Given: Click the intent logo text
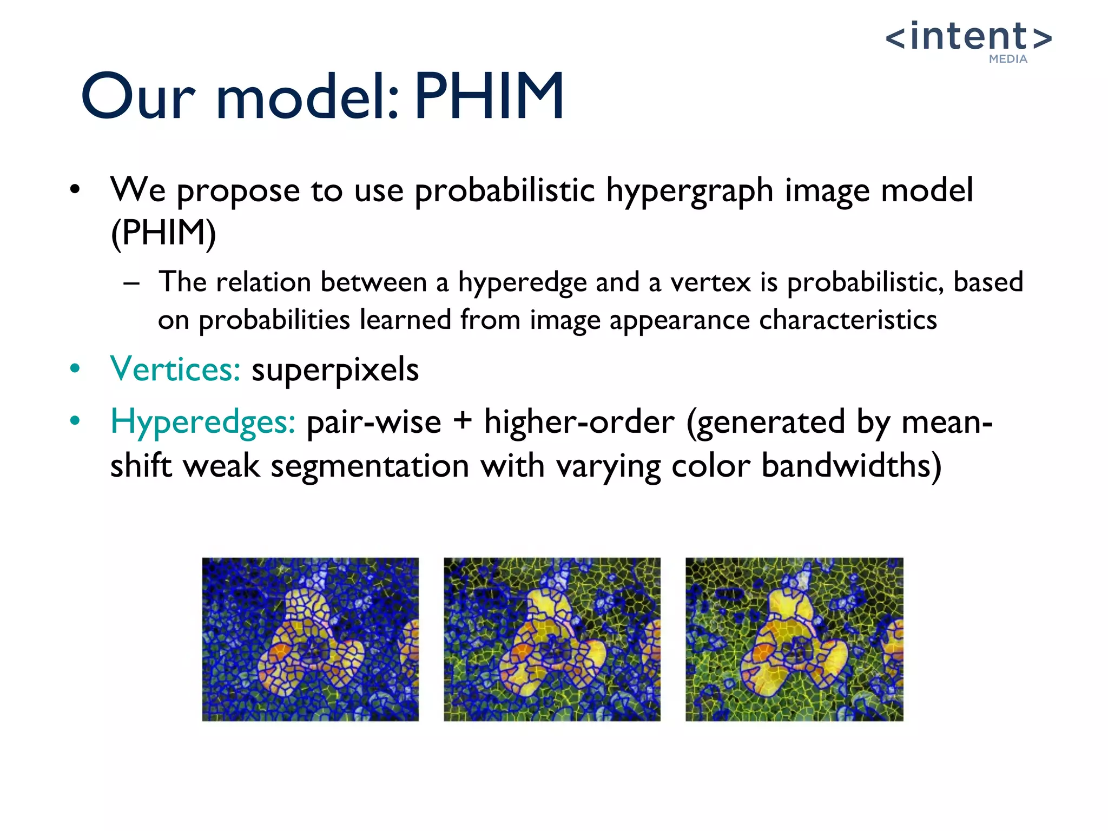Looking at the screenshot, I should click(x=968, y=37).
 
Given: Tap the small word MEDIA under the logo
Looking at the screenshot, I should click(x=1008, y=59).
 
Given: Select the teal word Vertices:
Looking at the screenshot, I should click(x=175, y=370).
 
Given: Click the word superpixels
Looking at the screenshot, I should click(x=335, y=371).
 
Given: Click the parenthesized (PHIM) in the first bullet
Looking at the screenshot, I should click(x=163, y=233).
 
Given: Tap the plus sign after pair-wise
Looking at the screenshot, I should click(x=463, y=421).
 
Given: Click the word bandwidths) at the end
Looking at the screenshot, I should click(x=851, y=466).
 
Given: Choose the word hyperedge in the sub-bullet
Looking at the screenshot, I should click(x=522, y=283).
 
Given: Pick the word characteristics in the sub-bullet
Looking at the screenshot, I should click(x=848, y=320).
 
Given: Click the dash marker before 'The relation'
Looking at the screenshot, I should click(x=131, y=283).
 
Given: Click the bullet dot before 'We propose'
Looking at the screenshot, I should click(x=75, y=190).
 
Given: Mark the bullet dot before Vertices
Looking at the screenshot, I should click(x=75, y=369).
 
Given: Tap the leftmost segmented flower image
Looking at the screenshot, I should click(x=310, y=639).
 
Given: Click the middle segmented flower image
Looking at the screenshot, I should click(x=552, y=639).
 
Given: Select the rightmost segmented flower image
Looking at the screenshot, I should click(x=794, y=639).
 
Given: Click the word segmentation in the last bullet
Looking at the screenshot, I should click(x=370, y=466).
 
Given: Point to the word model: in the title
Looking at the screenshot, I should click(x=307, y=97).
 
